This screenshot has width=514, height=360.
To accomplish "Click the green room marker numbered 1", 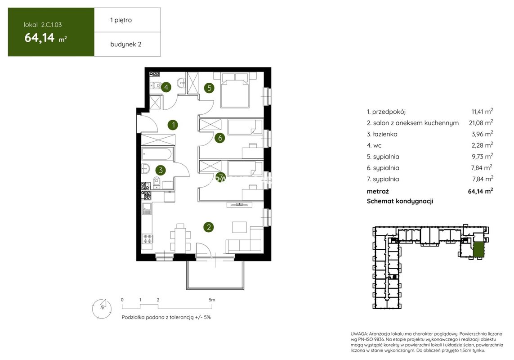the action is [173, 125].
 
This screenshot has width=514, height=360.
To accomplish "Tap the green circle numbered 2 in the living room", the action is [209, 227].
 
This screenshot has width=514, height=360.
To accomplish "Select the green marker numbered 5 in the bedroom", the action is [209, 88].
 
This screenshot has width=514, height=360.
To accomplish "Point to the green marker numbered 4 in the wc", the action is [166, 87].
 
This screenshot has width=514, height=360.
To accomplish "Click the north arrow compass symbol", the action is [102, 309].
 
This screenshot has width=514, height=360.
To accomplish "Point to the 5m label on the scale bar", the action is [212, 300].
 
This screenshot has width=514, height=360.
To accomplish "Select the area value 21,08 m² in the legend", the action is [481, 123].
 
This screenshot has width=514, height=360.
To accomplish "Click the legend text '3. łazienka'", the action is [382, 134].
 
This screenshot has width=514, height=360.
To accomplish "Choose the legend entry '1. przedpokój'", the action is [386, 112].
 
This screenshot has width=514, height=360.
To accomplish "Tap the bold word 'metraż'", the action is [378, 191].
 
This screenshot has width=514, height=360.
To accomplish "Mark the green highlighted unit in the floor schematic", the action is [478, 249].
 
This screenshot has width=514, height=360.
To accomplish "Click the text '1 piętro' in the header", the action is [121, 20].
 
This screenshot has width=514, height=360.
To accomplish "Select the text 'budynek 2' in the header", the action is [126, 44].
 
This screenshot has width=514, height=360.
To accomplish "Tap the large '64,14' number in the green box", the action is [39, 38].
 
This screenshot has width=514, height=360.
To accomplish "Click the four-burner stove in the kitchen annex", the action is [147, 239].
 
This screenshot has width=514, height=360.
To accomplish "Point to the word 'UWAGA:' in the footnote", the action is [358, 334].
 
